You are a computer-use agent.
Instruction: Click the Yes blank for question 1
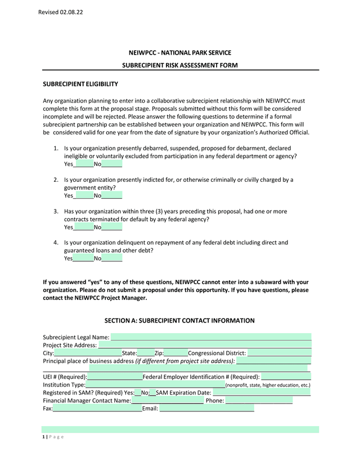coord(83,164)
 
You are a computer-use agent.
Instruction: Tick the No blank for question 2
coord(112,196)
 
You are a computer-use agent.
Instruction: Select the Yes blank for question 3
coord(83,227)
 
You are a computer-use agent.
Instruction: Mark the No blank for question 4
coord(112,259)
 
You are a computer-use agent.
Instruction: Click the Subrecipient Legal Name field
coord(211,337)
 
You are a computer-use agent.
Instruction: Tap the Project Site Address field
coord(205,345)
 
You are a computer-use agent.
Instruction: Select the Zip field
coord(175,353)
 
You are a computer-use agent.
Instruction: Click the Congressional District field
coord(280,353)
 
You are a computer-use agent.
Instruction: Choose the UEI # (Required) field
coord(115,377)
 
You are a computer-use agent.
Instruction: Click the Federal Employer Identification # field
coord(286,377)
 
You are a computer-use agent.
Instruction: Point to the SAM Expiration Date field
coord(262,392)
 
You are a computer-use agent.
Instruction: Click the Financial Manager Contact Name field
coord(167,401)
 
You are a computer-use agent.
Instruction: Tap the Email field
coord(207,409)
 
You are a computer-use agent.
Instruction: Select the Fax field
coord(97,409)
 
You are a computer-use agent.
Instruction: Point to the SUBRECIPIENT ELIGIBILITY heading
coord(80,84)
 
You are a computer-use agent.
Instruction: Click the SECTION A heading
coord(179,321)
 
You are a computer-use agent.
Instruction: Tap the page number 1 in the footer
coord(44,437)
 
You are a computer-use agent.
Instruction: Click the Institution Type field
coord(155,385)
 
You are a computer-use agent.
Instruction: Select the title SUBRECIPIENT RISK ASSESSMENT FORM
coord(179,66)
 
